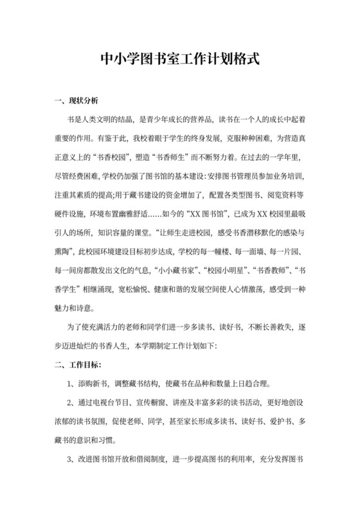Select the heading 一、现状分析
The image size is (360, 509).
76,101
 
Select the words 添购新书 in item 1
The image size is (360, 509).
93,384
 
